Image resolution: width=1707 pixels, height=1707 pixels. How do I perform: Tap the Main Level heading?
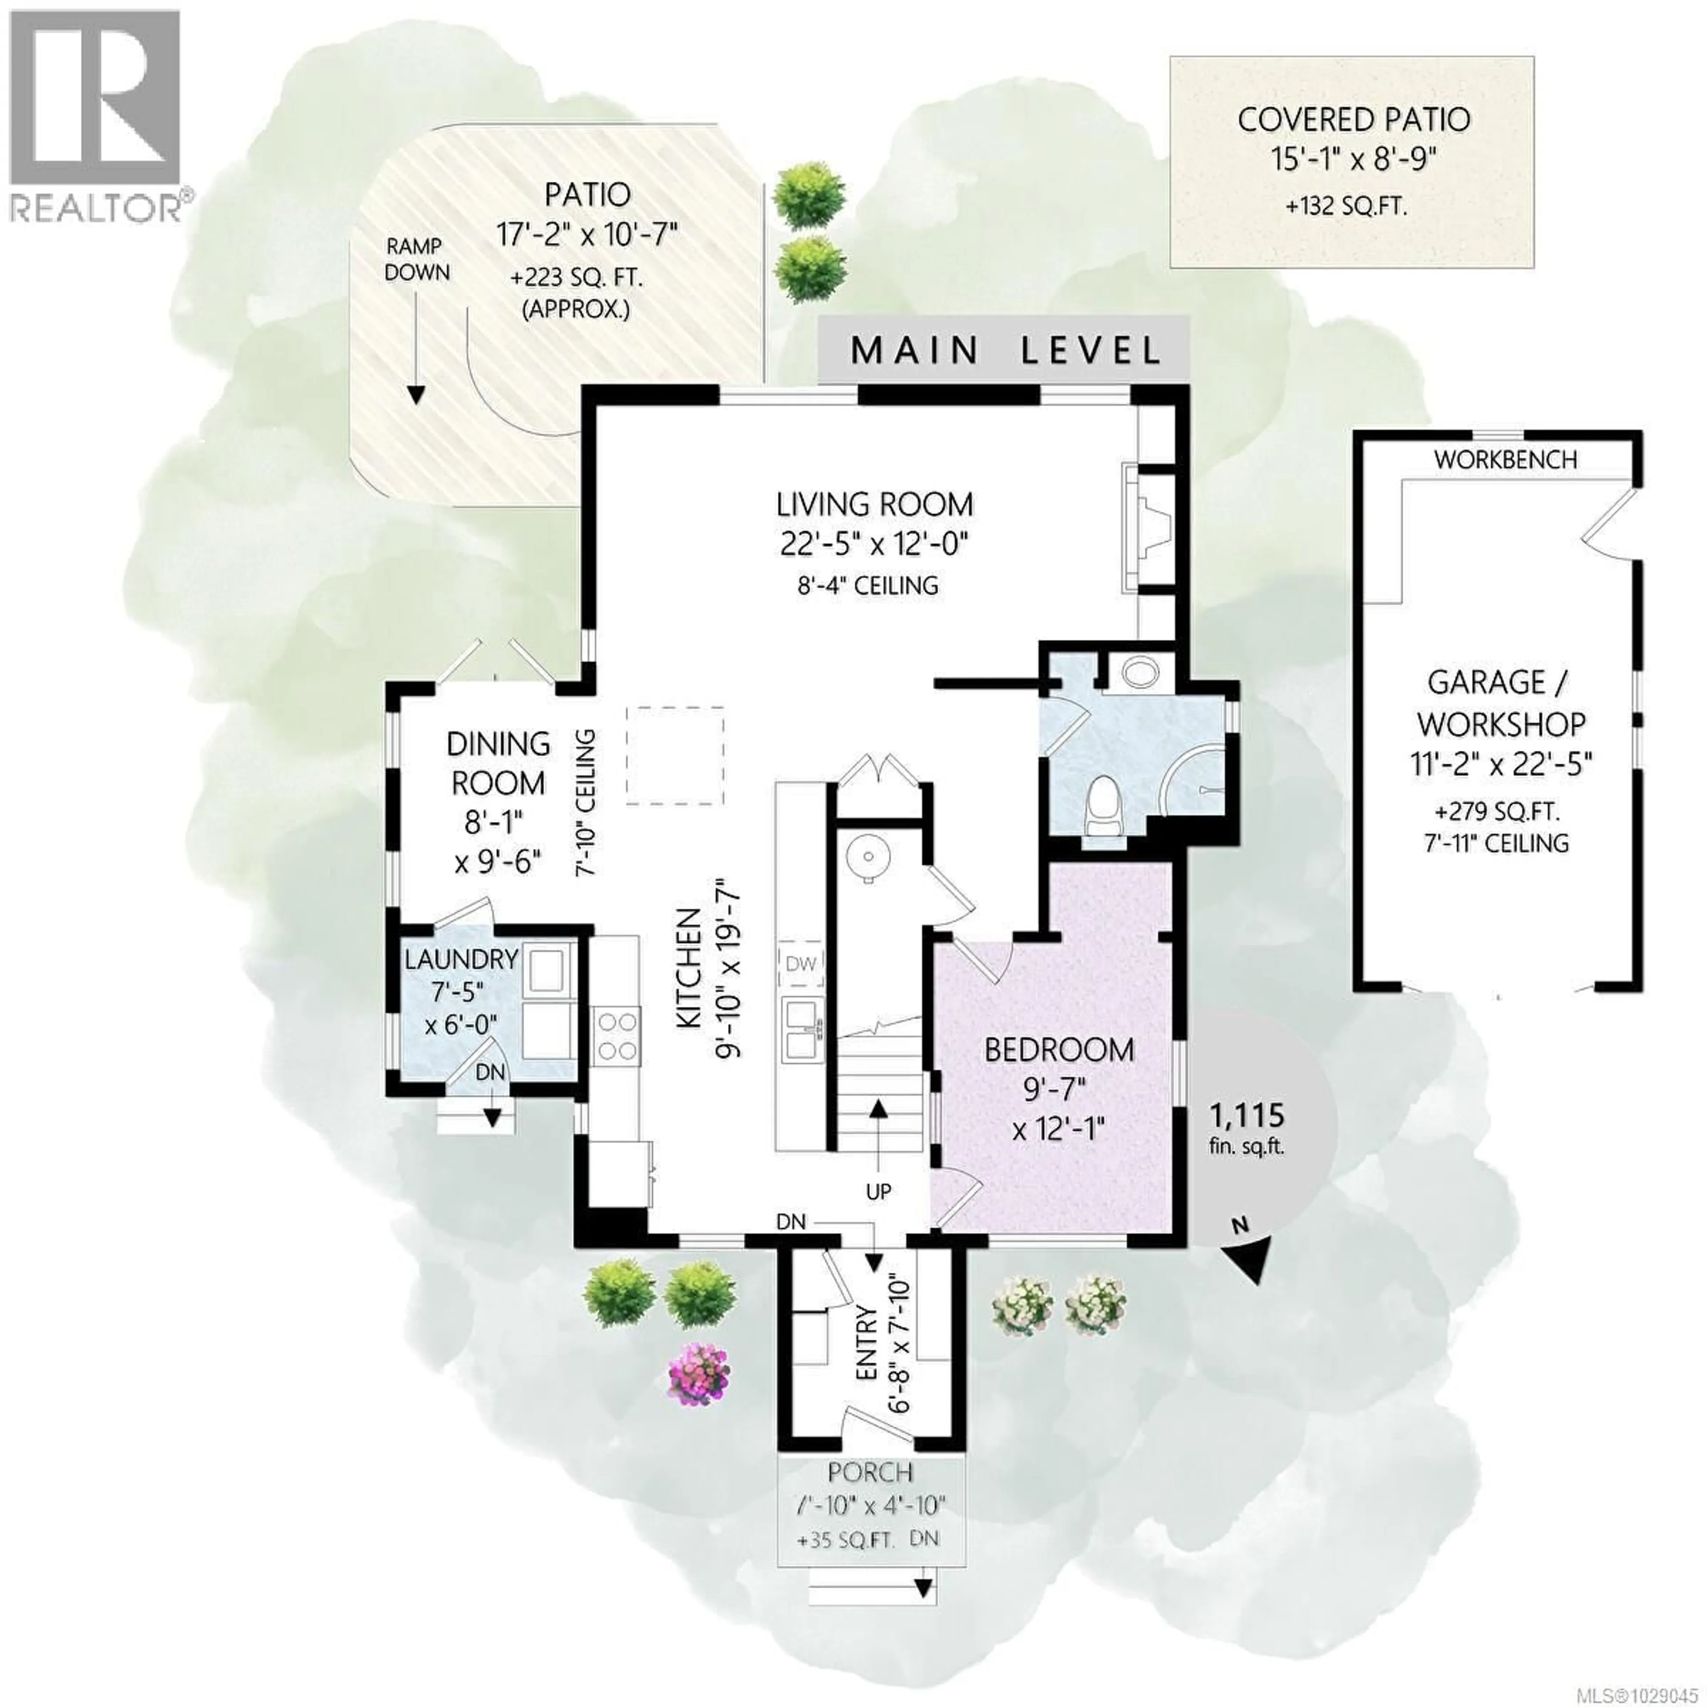pos(1005,351)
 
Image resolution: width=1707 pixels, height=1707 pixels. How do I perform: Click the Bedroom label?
pos(1058,1050)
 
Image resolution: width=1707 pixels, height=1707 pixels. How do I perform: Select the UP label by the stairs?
pos(878,1191)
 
